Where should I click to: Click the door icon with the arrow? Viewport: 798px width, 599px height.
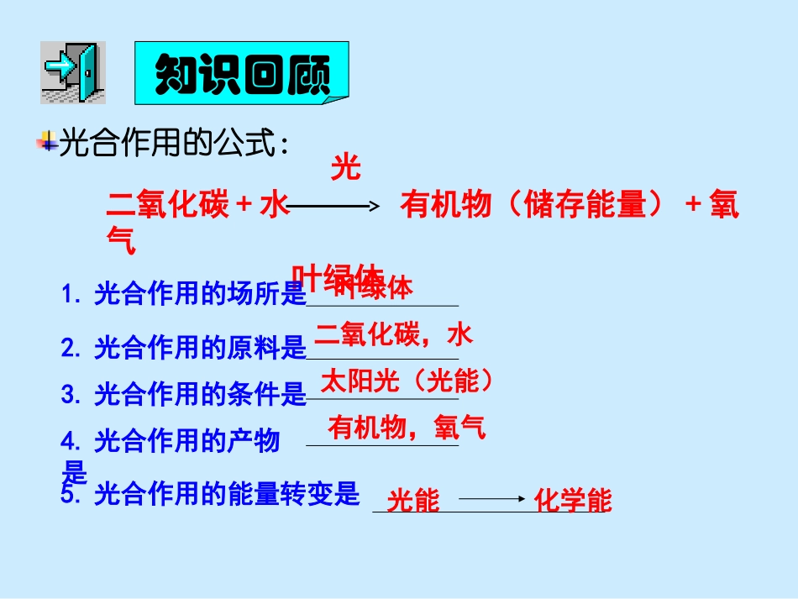[73, 72]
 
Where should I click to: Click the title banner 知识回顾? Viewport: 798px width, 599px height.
[242, 76]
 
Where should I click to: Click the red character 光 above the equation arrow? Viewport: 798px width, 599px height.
[345, 168]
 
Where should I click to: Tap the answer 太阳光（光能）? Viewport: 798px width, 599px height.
[407, 381]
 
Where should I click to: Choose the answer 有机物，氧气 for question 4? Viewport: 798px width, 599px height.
[407, 428]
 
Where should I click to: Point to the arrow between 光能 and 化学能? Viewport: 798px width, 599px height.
[492, 499]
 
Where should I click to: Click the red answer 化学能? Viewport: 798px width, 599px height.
[573, 502]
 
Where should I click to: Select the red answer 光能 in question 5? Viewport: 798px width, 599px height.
[413, 502]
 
